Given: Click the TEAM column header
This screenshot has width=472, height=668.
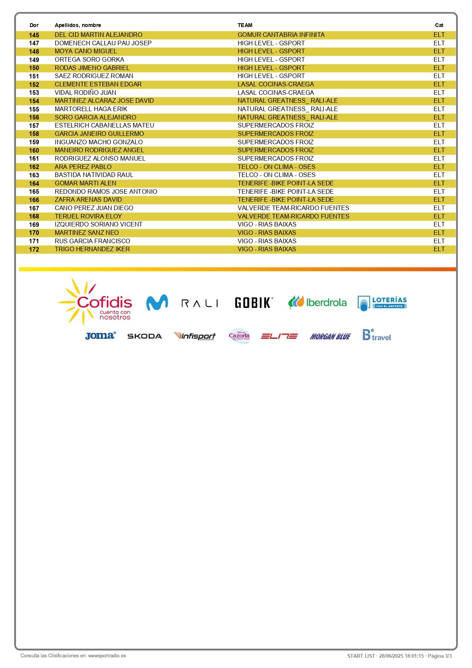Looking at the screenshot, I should [245, 26].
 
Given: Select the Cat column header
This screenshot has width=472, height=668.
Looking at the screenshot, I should [439, 26].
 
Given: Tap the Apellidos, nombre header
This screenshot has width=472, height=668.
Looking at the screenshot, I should [78, 26].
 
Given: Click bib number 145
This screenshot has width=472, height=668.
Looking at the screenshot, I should [34, 35].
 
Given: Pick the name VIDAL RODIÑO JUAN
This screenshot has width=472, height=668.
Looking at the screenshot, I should [86, 92].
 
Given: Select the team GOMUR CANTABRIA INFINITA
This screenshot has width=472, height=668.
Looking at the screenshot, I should [281, 35].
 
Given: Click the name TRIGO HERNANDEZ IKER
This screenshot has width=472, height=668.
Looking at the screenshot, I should [92, 249].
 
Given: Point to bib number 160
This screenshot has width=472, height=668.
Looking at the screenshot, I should [34, 150].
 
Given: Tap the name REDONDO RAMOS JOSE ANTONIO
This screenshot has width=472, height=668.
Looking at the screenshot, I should [106, 191].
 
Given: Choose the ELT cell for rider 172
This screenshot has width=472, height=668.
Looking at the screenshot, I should [439, 249].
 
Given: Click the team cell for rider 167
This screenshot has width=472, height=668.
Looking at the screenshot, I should [293, 208].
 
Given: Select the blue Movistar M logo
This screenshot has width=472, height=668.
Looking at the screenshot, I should [157, 303].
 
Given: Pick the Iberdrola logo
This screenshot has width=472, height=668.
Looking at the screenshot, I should [318, 303].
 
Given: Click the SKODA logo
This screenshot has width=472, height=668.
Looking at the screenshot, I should [145, 336].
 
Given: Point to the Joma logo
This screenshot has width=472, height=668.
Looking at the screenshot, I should [100, 336].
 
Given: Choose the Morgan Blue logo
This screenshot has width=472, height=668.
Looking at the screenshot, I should [330, 336].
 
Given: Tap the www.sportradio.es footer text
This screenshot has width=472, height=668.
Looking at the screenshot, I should [107, 656].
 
